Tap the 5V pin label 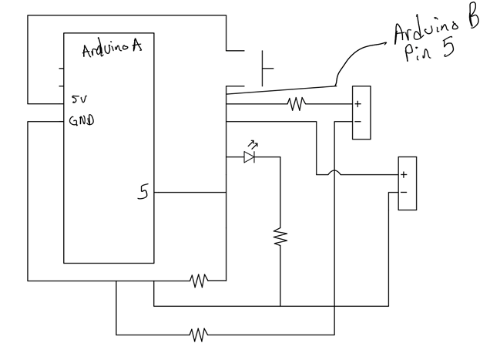pyautogui.click(x=79, y=100)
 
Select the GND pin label pyautogui.click(x=82, y=121)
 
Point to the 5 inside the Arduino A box pyautogui.click(x=143, y=191)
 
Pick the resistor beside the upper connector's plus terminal pyautogui.click(x=296, y=103)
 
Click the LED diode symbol pyautogui.click(x=249, y=156)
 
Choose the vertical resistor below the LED pyautogui.click(x=280, y=237)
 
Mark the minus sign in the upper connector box pyautogui.click(x=357, y=121)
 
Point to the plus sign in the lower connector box pyautogui.click(x=403, y=175)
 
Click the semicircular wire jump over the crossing pyautogui.click(x=334, y=172)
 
